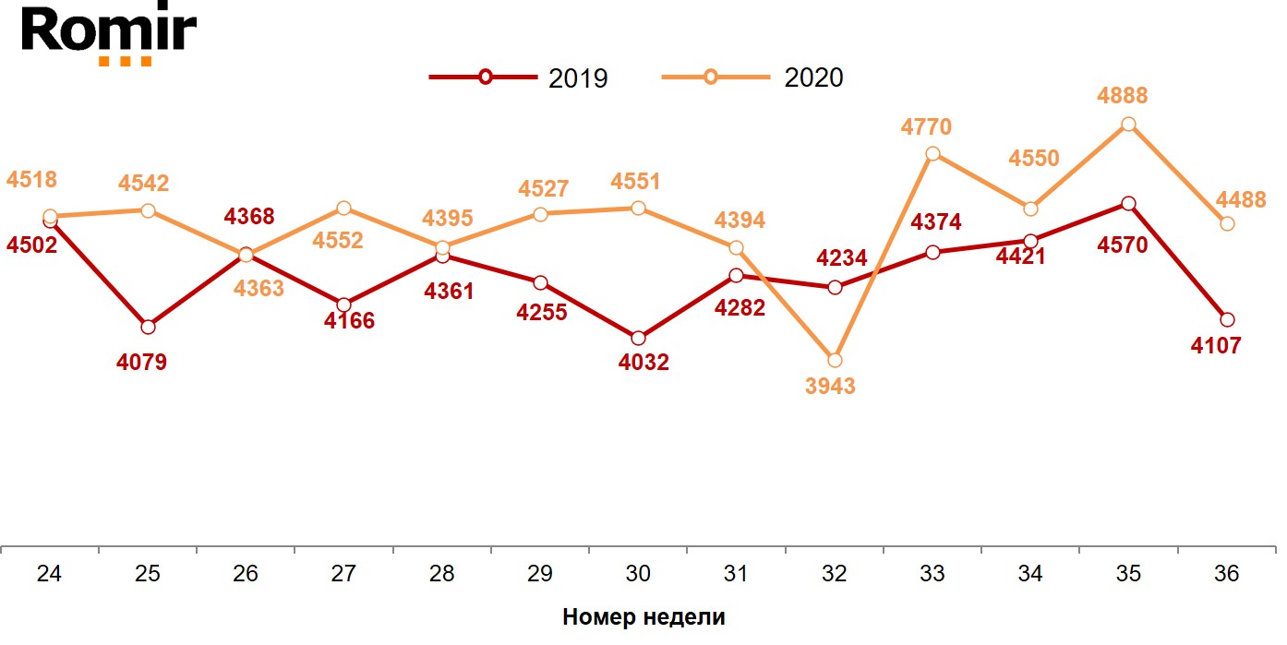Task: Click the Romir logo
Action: click(108, 34)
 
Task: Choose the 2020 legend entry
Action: click(753, 78)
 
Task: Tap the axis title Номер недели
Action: click(643, 617)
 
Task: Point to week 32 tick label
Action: click(834, 574)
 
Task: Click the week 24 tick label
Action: click(50, 574)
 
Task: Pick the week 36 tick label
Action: click(1226, 574)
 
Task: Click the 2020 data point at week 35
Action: click(1128, 125)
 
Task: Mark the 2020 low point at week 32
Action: click(835, 360)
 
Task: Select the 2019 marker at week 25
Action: click(148, 327)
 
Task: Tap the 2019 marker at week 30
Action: click(638, 338)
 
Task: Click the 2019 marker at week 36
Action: click(1226, 319)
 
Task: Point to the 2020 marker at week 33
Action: click(932, 153)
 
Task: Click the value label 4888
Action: click(1123, 96)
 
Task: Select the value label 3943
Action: click(830, 386)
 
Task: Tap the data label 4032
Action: click(643, 363)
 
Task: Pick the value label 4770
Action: click(926, 126)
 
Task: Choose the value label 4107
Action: click(1217, 346)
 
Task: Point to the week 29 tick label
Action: click(540, 574)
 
